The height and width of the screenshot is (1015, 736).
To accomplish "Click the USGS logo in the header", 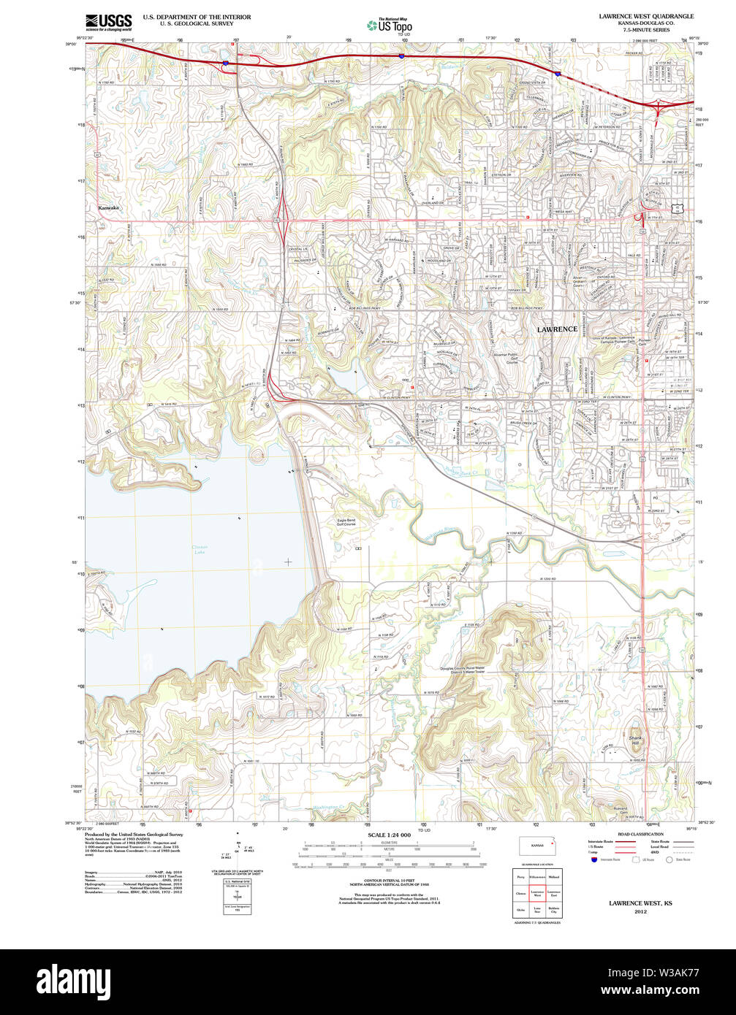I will (108, 20).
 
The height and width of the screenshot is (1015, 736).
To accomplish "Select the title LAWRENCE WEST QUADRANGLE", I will (646, 16).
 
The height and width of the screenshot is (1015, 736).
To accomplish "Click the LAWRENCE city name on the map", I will (557, 329).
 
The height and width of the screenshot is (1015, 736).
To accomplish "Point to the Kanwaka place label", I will (108, 208).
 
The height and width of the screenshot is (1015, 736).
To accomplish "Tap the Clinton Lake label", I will (200, 550).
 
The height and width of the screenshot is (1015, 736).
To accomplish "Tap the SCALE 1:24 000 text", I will (390, 835).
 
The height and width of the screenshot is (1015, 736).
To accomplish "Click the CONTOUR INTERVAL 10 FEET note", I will (389, 881).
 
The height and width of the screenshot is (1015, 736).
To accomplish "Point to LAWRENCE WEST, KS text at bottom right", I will (640, 903).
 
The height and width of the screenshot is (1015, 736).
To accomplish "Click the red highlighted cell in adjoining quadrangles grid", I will (537, 892).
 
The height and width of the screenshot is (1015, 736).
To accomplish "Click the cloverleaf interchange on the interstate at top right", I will (661, 108).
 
